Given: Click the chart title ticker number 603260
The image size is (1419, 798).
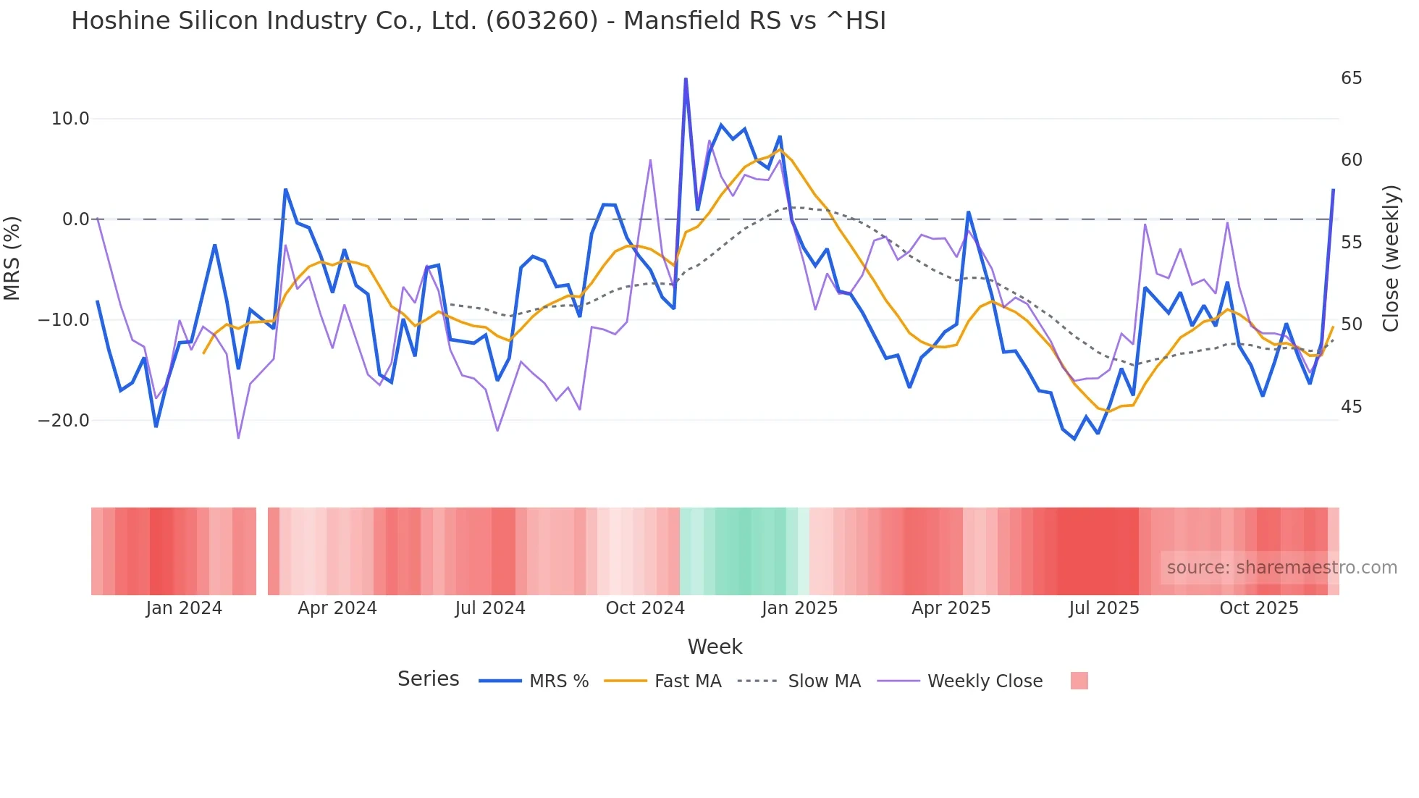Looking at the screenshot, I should coord(542,21).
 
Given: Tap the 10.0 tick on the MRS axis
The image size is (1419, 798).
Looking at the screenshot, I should coord(70,119).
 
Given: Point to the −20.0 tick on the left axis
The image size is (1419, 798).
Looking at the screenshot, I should coord(64,421).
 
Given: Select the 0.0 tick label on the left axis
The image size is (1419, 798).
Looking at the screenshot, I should coord(75,219).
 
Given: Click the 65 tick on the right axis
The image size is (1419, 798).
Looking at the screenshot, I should coord(1351,78).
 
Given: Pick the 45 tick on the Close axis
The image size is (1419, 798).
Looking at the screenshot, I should coord(1351,407).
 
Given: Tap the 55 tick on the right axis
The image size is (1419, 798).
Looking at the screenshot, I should coord(1351,243).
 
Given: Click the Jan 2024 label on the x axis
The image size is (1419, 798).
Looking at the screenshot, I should coord(184,608).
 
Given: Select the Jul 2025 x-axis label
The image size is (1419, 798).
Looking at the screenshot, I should coord(1104,608).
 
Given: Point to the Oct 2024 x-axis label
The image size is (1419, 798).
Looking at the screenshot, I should coord(645,608).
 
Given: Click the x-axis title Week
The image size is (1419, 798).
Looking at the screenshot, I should coord(715,647).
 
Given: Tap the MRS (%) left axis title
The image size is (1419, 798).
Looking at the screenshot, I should coord(12,259).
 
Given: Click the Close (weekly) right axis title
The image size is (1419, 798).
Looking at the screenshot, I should coord(1390,259).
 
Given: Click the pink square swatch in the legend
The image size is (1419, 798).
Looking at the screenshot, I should coord(1079,681).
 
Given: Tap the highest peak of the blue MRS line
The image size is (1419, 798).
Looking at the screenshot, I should coord(686,79).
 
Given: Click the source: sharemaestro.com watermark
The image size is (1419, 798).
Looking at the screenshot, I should coord(1281,568).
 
